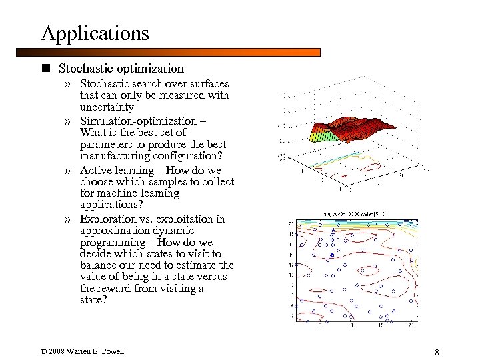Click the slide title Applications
95,33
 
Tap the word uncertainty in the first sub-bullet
107,107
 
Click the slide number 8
436,352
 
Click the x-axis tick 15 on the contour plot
381,326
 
